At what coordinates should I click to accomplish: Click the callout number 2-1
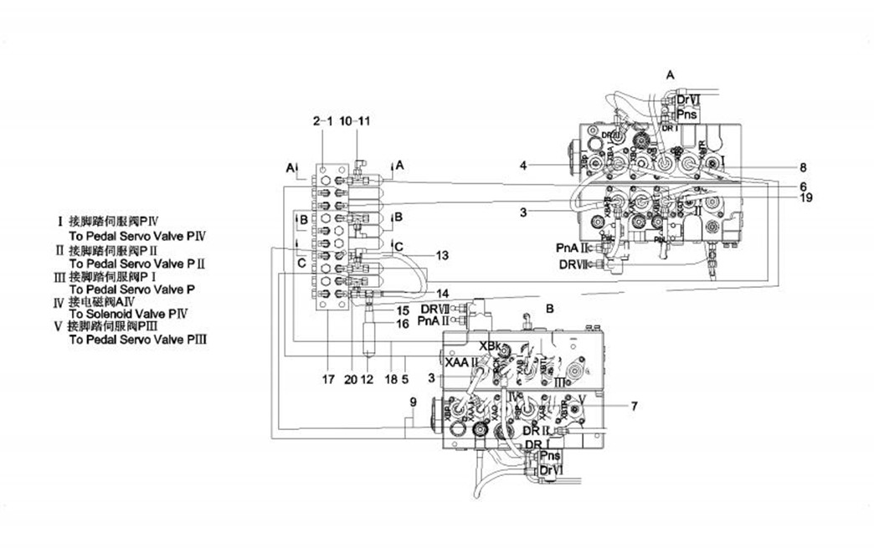[x=323, y=122]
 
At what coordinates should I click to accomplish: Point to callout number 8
[x=802, y=166]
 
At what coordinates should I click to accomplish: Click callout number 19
[x=805, y=198]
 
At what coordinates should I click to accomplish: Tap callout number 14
[x=443, y=294]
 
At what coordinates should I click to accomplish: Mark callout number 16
[x=403, y=323]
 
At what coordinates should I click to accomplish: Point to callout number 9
[x=413, y=402]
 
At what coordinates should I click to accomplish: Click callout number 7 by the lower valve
[x=635, y=407]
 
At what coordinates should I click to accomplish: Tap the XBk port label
[x=489, y=346]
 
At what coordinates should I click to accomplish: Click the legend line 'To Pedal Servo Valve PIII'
[x=137, y=341]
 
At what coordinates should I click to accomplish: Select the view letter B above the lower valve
[x=549, y=309]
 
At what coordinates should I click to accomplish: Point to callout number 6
[x=802, y=186]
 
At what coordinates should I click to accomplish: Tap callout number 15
[x=403, y=310]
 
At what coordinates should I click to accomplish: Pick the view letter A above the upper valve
[x=670, y=74]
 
